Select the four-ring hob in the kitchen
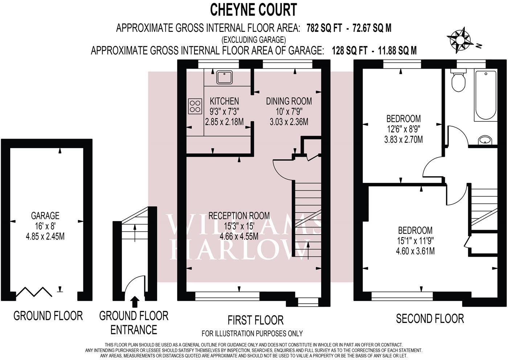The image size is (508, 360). tap(195, 106)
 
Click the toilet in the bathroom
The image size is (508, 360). tap(459, 81)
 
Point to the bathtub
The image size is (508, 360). tap(485, 95)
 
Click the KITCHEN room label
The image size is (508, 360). tap(224, 101)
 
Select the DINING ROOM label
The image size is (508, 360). tap(289, 101)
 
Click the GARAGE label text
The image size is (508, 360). tap(45, 216)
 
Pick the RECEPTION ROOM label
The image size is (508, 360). tap(239, 216)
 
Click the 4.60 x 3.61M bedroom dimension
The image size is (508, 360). tap(415, 251)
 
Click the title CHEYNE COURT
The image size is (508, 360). tap(254, 10)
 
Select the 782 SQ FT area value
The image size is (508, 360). tap(324, 28)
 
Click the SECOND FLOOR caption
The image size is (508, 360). tap(430, 319)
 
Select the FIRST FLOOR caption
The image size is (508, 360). tap(255, 320)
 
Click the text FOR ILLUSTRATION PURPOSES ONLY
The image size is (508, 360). tap(252, 333)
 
